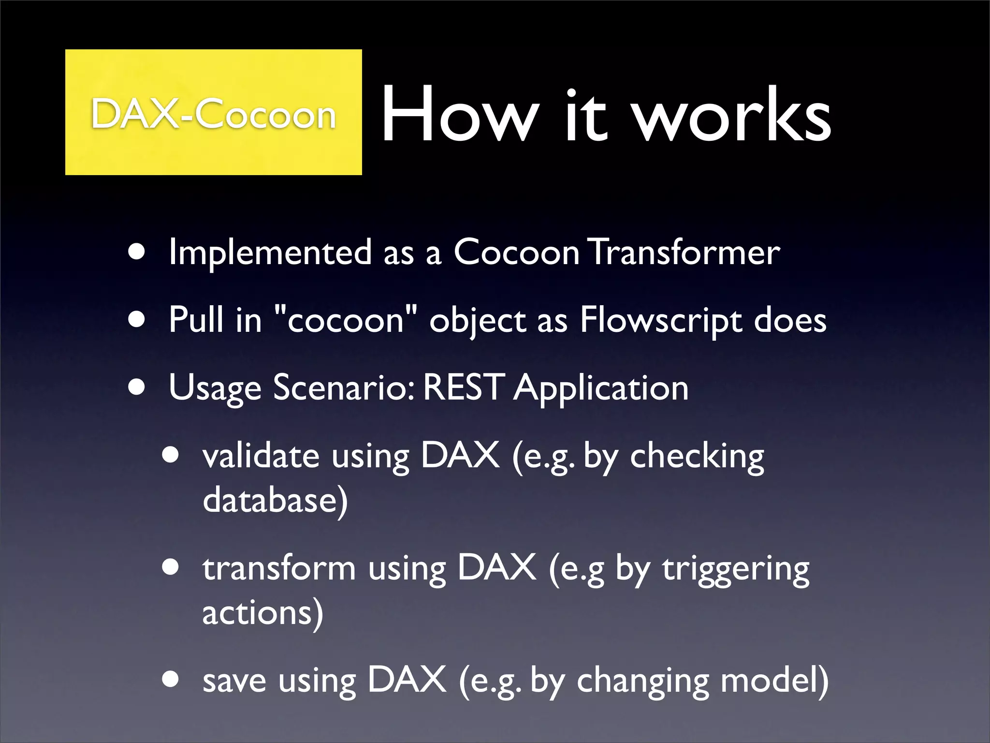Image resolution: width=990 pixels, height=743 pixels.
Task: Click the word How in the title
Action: pos(459,115)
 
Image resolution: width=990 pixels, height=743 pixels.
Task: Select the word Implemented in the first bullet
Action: pos(270,253)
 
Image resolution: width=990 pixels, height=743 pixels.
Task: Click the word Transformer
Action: pos(685,253)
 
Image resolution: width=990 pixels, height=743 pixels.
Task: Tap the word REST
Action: pos(464,388)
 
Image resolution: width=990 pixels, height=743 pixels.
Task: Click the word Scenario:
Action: pos(343,388)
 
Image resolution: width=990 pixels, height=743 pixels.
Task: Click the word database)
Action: pos(275,501)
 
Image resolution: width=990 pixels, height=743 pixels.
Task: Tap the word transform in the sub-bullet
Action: pos(279,568)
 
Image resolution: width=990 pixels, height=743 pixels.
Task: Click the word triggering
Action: pos(735,569)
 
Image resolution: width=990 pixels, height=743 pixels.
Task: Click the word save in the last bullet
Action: pos(234,680)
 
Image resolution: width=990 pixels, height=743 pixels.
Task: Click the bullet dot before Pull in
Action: pos(137,320)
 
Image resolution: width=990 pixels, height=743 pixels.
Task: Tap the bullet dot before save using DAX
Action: pos(171,679)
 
